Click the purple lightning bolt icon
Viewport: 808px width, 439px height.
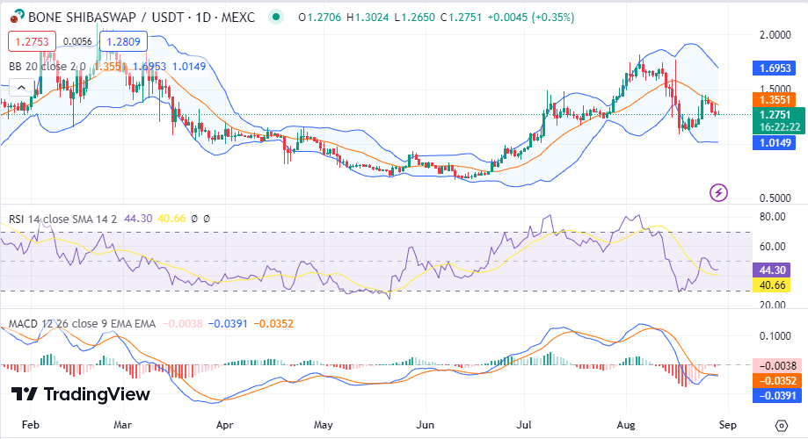(719, 192)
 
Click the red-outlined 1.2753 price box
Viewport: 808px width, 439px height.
(32, 41)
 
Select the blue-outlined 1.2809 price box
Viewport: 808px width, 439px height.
(123, 41)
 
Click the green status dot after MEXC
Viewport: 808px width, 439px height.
(277, 17)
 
